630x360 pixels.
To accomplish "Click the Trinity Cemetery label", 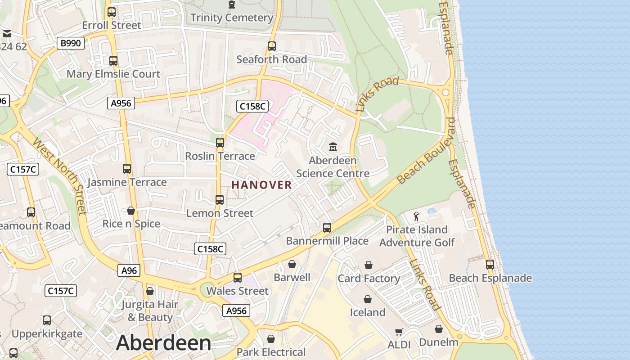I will pos(232,18).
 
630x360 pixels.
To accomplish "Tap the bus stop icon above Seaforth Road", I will pos(271,46).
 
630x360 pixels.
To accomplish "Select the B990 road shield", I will pos(71,43).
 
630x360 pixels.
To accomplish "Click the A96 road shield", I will pos(129,270).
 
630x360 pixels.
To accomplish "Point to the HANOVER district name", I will pos(261,185).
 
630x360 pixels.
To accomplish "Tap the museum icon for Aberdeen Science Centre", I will pos(333,147).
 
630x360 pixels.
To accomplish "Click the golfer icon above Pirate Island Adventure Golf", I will pos(417,216).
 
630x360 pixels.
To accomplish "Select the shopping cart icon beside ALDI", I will pos(399,332).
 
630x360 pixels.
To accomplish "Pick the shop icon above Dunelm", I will pos(438,329).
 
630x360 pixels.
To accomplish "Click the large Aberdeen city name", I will pos(163,343).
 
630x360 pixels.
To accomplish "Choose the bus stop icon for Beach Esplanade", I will pos(490,265).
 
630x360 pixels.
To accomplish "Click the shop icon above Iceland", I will pos(368,299).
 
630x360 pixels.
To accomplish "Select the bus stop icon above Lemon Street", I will pos(220,200).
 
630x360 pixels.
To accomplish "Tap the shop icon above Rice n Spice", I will pos(131,211).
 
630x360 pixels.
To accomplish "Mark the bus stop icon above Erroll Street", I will pos(112,12).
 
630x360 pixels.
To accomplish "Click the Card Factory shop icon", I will pos(369,265).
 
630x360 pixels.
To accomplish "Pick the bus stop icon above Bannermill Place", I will pos(327,228).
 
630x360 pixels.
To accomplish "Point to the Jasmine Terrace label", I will pos(127,182).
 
